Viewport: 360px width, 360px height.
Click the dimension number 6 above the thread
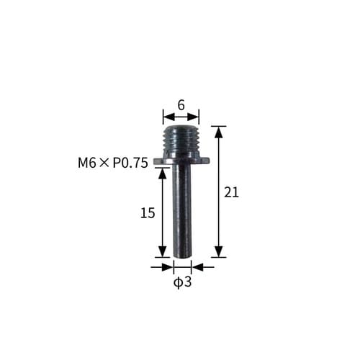181,104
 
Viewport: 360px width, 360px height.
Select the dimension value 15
147,213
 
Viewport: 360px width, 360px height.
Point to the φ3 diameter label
182,282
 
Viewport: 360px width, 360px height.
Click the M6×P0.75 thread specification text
112,163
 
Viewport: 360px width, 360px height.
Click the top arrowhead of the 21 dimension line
219,130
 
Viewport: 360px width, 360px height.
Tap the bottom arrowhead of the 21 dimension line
219,253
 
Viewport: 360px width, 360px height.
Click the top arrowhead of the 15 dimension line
163,173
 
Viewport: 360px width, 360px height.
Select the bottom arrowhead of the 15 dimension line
163,253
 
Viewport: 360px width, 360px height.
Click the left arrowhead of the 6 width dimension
167,114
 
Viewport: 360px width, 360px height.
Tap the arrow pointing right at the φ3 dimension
168,266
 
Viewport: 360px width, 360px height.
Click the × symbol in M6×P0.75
104,163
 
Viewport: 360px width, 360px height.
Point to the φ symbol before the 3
177,282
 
